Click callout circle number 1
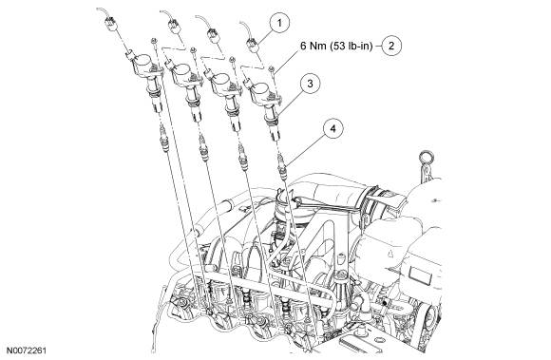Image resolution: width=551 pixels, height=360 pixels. pyautogui.click(x=279, y=23)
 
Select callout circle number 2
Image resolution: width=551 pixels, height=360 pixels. pyautogui.click(x=391, y=46)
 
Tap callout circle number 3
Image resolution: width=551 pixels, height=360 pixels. pyautogui.click(x=311, y=84)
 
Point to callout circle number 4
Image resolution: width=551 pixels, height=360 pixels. pyautogui.click(x=332, y=128)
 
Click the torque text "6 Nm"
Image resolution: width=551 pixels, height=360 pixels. pyautogui.click(x=313, y=46)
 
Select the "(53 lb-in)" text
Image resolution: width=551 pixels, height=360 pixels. pyautogui.click(x=351, y=46)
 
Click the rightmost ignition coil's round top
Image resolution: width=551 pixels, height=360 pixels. pyautogui.click(x=259, y=89)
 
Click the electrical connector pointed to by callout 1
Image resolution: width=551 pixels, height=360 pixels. pyautogui.click(x=254, y=46)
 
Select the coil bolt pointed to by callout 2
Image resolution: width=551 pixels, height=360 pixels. pyautogui.click(x=272, y=70)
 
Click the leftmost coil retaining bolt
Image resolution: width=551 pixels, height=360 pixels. pyautogui.click(x=154, y=42)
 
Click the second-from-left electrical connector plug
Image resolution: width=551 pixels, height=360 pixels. pyautogui.click(x=174, y=27)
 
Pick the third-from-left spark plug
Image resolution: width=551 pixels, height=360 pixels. pyautogui.click(x=241, y=156)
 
